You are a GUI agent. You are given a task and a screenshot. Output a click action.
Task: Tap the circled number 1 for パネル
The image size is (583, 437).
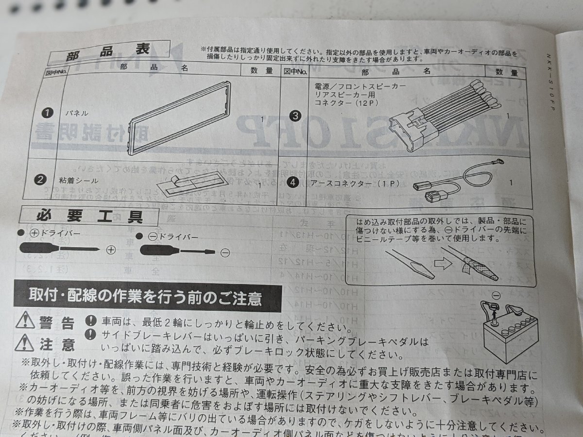click(47, 113)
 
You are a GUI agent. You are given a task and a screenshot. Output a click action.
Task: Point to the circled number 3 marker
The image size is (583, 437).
click(295, 116)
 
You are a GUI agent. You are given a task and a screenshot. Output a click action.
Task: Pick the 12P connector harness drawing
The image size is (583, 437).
click(444, 119)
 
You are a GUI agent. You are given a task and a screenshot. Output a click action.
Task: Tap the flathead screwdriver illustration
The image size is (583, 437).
click(177, 251)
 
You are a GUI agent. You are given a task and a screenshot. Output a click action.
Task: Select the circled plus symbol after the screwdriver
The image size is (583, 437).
click(111, 250)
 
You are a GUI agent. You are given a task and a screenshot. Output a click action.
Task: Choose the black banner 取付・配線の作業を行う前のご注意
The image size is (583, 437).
click(148, 296)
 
